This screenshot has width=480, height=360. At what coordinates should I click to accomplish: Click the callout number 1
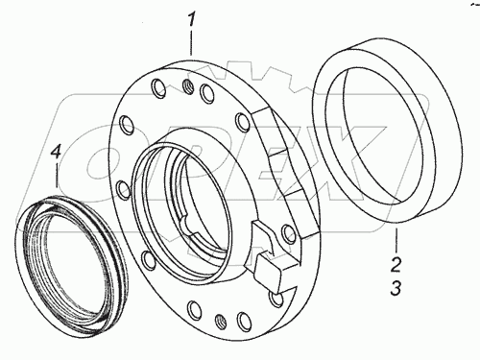tap(191, 20)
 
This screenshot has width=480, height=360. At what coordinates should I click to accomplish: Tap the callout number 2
tap(396, 265)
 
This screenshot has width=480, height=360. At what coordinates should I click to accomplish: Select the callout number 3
tap(396, 288)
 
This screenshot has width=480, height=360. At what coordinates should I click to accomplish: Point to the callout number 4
tap(56, 152)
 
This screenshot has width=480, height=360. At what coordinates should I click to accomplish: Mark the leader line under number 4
tap(57, 176)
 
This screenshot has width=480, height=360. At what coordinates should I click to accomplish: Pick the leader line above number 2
tap(396, 239)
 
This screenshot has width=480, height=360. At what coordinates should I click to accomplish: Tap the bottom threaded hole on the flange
tap(220, 320)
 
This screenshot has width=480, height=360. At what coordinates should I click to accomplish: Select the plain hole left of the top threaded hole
tap(158, 87)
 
